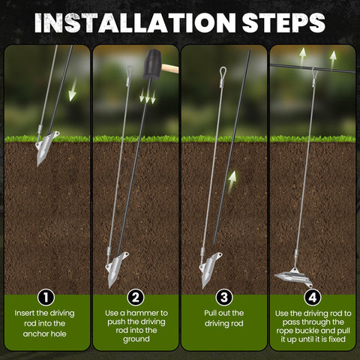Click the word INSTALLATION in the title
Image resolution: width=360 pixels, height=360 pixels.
pos(135,22)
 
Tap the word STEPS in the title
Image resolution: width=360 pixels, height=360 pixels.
pos(283,22)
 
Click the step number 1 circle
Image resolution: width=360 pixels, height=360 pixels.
pos(46,298)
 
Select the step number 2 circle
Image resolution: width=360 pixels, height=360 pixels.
pos(136,298)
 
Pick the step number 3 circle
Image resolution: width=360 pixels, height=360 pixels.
pos(224,298)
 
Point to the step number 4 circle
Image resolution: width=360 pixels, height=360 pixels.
pos(313,298)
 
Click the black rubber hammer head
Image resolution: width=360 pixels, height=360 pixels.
pos(152,64)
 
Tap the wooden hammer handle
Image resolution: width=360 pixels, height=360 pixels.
pos(170,68)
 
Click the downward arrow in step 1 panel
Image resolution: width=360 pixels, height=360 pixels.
pos(73,91)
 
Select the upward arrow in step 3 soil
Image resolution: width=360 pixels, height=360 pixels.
pos(232,182)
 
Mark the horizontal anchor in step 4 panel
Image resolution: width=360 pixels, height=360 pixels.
pos(294,277)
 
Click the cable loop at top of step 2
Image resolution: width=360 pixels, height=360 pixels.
pos(130,70)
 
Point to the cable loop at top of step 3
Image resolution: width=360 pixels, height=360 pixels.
pos(223,72)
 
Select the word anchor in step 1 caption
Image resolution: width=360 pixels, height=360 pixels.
pos(34,334)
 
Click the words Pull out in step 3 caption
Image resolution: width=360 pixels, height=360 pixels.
pos(217,313)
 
